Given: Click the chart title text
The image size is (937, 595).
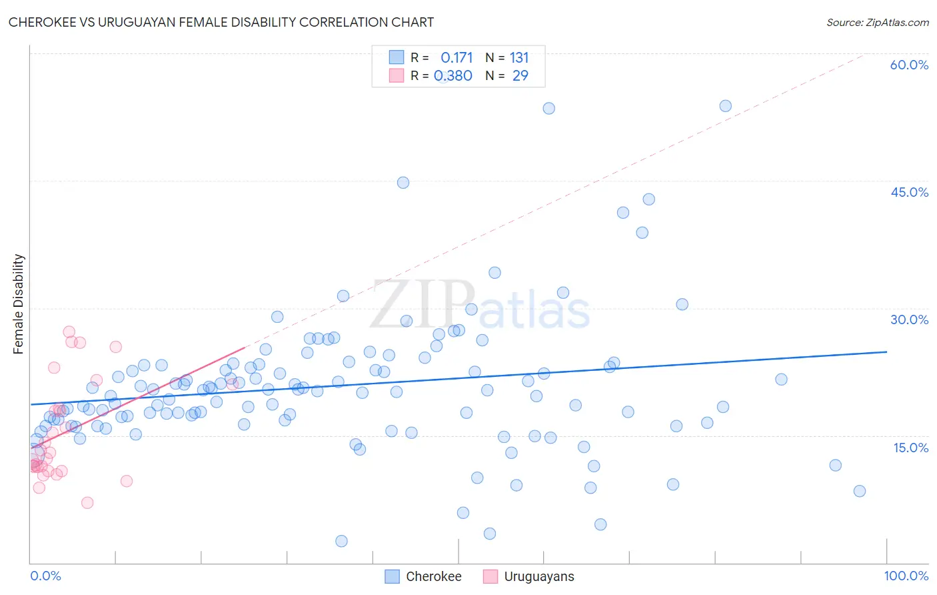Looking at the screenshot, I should pyautogui.click(x=221, y=22).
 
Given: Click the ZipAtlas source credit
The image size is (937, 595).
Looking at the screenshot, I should pyautogui.click(x=877, y=22).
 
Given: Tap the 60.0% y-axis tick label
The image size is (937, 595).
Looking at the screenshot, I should pyautogui.click(x=909, y=65).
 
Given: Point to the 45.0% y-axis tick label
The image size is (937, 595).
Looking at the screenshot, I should pyautogui.click(x=909, y=192).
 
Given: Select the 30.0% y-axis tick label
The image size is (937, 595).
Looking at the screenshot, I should pyautogui.click(x=909, y=320).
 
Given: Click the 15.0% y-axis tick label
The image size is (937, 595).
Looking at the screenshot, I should pyautogui.click(x=910, y=448).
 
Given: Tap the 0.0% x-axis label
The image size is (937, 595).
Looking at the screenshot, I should pyautogui.click(x=45, y=576).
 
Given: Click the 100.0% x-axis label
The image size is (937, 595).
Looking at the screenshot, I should pyautogui.click(x=906, y=576).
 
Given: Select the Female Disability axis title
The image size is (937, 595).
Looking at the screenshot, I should pyautogui.click(x=19, y=304).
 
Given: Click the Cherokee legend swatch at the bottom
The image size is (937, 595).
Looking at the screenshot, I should pyautogui.click(x=393, y=576).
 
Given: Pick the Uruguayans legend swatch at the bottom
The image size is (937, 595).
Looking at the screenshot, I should pyautogui.click(x=490, y=576).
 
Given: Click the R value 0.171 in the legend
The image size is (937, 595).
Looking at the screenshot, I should pyautogui.click(x=457, y=58).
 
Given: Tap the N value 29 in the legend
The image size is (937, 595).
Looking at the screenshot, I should pyautogui.click(x=520, y=76).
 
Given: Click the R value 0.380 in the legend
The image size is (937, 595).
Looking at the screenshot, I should pyautogui.click(x=453, y=76).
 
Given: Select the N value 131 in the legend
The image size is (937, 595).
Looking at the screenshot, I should pyautogui.click(x=519, y=58).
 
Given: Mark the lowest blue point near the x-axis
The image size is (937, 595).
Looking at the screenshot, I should pyautogui.click(x=341, y=541).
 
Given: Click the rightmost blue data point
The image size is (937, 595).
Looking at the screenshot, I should pyautogui.click(x=860, y=491).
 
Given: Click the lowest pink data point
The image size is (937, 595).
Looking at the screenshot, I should pyautogui.click(x=87, y=503).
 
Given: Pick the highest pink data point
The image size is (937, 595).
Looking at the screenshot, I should pyautogui.click(x=69, y=332).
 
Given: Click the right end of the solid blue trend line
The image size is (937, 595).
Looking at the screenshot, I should pyautogui.click(x=886, y=352).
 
